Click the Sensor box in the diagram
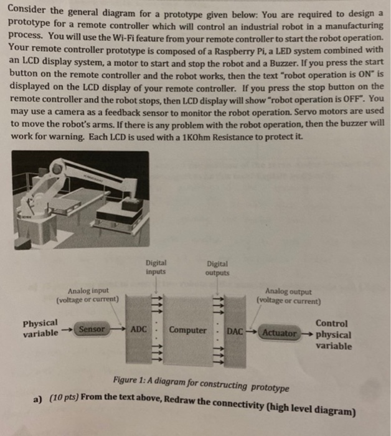tap(92, 328)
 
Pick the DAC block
tap(235, 331)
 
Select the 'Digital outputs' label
tap(217, 268)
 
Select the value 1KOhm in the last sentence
tap(233, 136)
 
